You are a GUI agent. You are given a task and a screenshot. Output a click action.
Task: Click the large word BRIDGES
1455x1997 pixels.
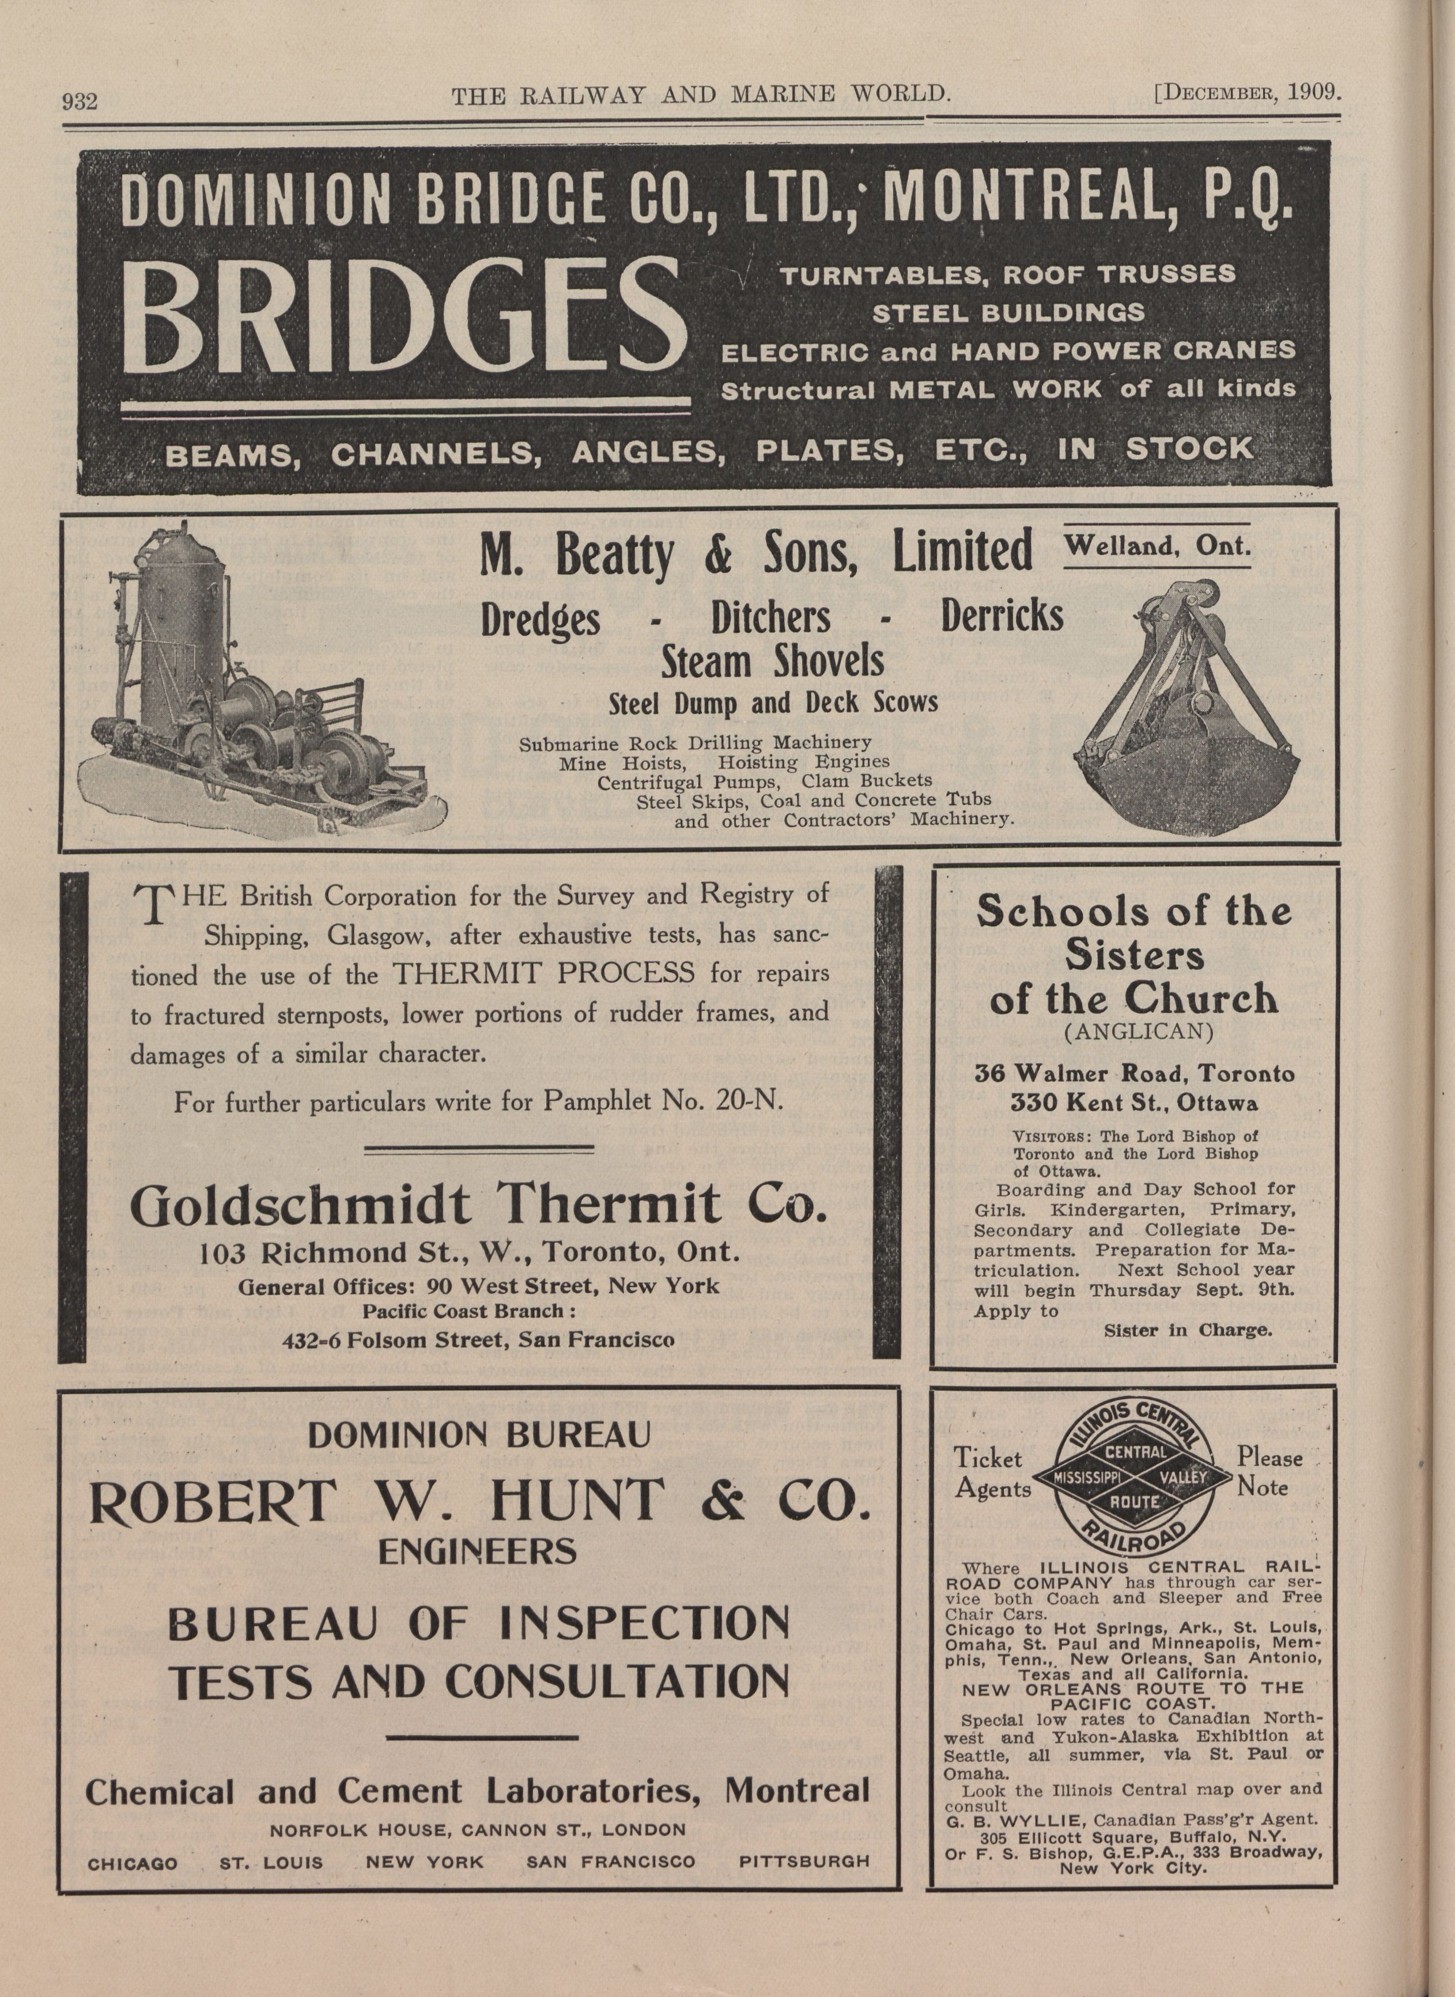pos(403,317)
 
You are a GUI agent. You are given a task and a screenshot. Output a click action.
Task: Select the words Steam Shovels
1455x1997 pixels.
pos(772,662)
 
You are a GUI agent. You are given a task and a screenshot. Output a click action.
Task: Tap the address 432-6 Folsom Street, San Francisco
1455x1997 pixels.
pos(478,1341)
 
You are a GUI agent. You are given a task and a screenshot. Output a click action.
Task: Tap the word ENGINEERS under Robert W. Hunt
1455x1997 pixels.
pos(478,1551)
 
